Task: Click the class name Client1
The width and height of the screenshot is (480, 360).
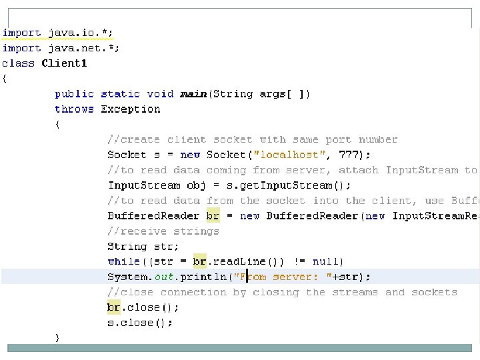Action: coord(64,63)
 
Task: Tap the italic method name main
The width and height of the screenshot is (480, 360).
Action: coord(193,94)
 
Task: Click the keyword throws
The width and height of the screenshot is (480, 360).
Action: coord(74,109)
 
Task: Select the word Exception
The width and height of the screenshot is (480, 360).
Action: coord(131,109)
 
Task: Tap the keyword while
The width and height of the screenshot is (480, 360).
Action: coord(124,261)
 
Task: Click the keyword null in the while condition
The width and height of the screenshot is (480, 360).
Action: coord(326,261)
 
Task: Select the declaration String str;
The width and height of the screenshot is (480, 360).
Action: coord(143,246)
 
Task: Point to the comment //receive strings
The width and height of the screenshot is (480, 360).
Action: coord(163,231)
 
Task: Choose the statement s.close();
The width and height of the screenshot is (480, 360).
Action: coord(140,323)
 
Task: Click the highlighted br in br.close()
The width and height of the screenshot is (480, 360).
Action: coord(114,307)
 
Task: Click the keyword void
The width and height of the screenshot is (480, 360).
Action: coord(160,94)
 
